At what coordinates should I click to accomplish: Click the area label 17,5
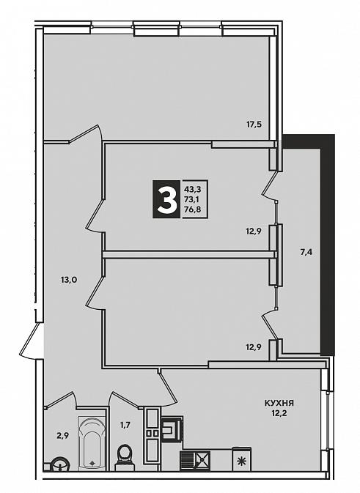click(x=254, y=125)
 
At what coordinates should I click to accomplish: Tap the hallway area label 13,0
click(x=69, y=279)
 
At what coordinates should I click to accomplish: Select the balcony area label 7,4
click(x=306, y=252)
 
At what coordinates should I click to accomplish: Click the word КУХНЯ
click(x=279, y=403)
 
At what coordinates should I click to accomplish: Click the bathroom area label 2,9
click(x=62, y=435)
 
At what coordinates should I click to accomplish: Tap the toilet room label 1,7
click(x=125, y=426)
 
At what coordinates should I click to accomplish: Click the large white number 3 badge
click(x=166, y=199)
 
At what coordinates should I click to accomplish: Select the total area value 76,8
click(x=194, y=210)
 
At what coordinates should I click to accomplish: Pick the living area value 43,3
click(x=194, y=189)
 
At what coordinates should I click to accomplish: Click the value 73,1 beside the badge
click(x=194, y=199)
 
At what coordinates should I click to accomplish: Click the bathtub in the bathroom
click(x=92, y=444)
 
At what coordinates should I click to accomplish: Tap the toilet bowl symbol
click(x=125, y=458)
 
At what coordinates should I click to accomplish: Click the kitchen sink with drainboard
click(x=195, y=461)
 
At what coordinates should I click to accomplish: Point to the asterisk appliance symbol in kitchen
click(x=242, y=460)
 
